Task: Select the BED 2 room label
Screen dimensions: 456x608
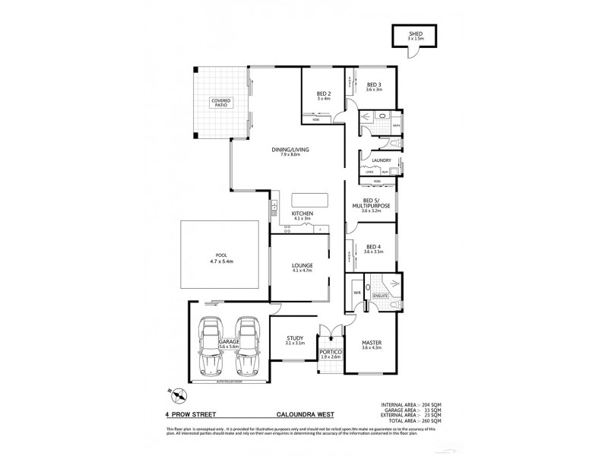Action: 323,95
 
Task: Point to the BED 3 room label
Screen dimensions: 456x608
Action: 373,86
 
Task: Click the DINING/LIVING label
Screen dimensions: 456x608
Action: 289,151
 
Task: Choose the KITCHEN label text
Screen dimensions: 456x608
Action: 302,216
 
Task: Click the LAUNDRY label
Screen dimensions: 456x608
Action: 381,160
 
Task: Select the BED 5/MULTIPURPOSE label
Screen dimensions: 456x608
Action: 371,205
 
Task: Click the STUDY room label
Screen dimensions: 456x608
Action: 296,340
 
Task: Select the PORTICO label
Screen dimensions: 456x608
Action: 330,353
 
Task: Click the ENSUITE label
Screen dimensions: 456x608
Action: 380,296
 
